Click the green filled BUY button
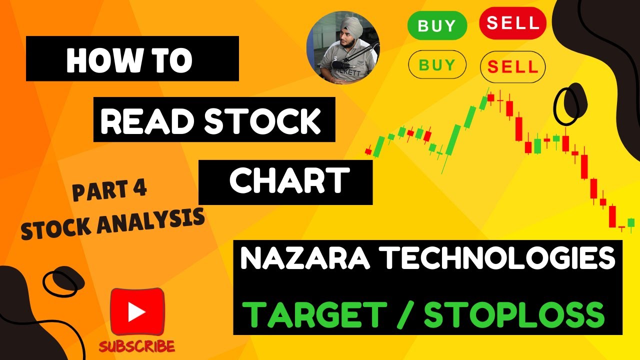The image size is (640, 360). pyautogui.click(x=437, y=25)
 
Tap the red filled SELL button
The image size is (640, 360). pyautogui.click(x=512, y=23)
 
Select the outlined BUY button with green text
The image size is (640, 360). pyautogui.click(x=437, y=65)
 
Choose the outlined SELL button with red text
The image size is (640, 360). pyautogui.click(x=512, y=66)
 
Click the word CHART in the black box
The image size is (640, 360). pyautogui.click(x=289, y=180)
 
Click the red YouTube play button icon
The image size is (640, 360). pyautogui.click(x=137, y=311)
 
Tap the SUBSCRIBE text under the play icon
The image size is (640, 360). pyautogui.click(x=136, y=346)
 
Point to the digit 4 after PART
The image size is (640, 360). pyautogui.click(x=139, y=190)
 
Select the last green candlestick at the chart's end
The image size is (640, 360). pyautogui.click(x=630, y=222)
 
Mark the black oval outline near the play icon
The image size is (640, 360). pyautogui.click(x=60, y=283)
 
